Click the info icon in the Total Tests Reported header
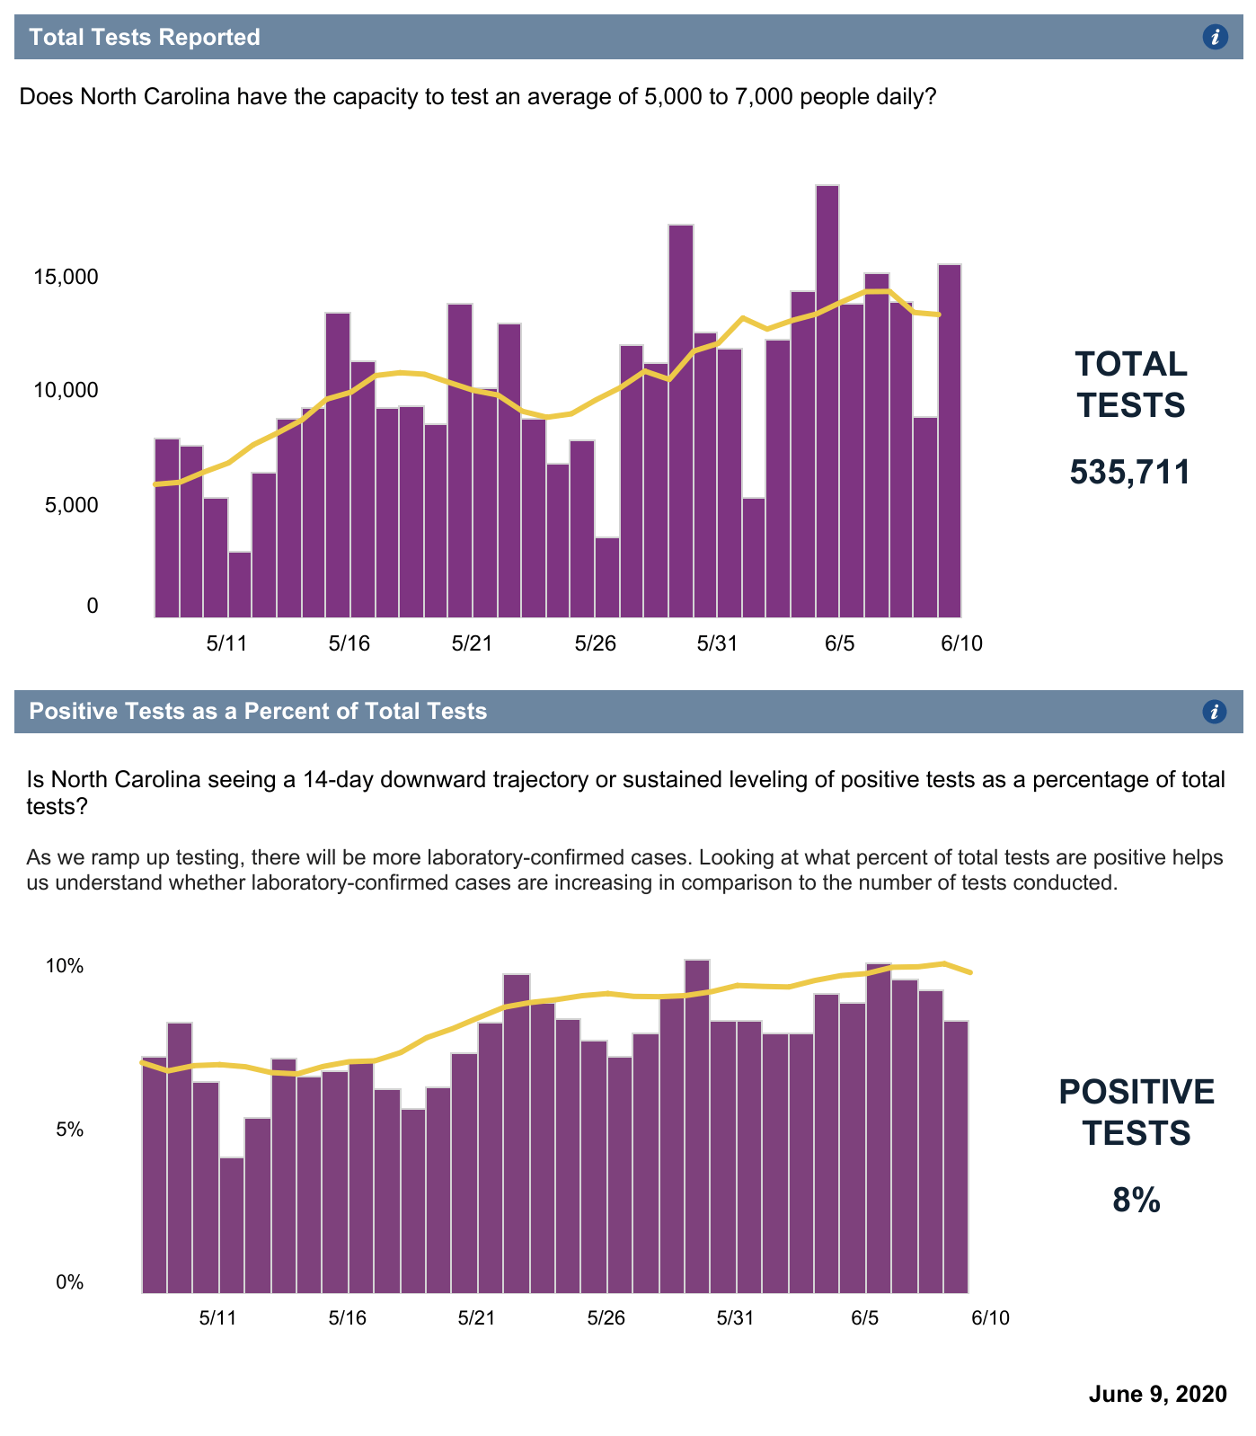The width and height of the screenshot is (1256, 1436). [1215, 37]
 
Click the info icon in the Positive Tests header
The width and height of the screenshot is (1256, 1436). [1214, 712]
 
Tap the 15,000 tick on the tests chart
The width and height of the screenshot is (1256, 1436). [65, 277]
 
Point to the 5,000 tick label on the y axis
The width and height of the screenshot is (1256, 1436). [65, 505]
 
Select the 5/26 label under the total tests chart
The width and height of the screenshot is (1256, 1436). [595, 643]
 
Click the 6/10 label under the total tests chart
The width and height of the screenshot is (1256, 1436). [961, 643]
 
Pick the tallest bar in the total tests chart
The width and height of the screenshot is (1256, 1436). [827, 401]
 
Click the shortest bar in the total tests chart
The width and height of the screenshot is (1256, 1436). [240, 584]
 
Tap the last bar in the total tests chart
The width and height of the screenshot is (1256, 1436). [950, 440]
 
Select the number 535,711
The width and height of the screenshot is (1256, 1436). [1129, 473]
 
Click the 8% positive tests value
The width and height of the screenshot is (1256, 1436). [1136, 1201]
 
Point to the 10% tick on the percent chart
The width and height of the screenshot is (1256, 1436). [65, 967]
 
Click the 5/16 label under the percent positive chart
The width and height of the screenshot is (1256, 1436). [348, 1318]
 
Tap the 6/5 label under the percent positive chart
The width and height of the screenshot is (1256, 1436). [864, 1318]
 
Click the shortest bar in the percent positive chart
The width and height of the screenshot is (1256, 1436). [232, 1225]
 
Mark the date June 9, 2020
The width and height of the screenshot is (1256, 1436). [1157, 1394]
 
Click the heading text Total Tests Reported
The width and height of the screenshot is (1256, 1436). [145, 37]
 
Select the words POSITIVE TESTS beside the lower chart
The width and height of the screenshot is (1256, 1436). [1136, 1112]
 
